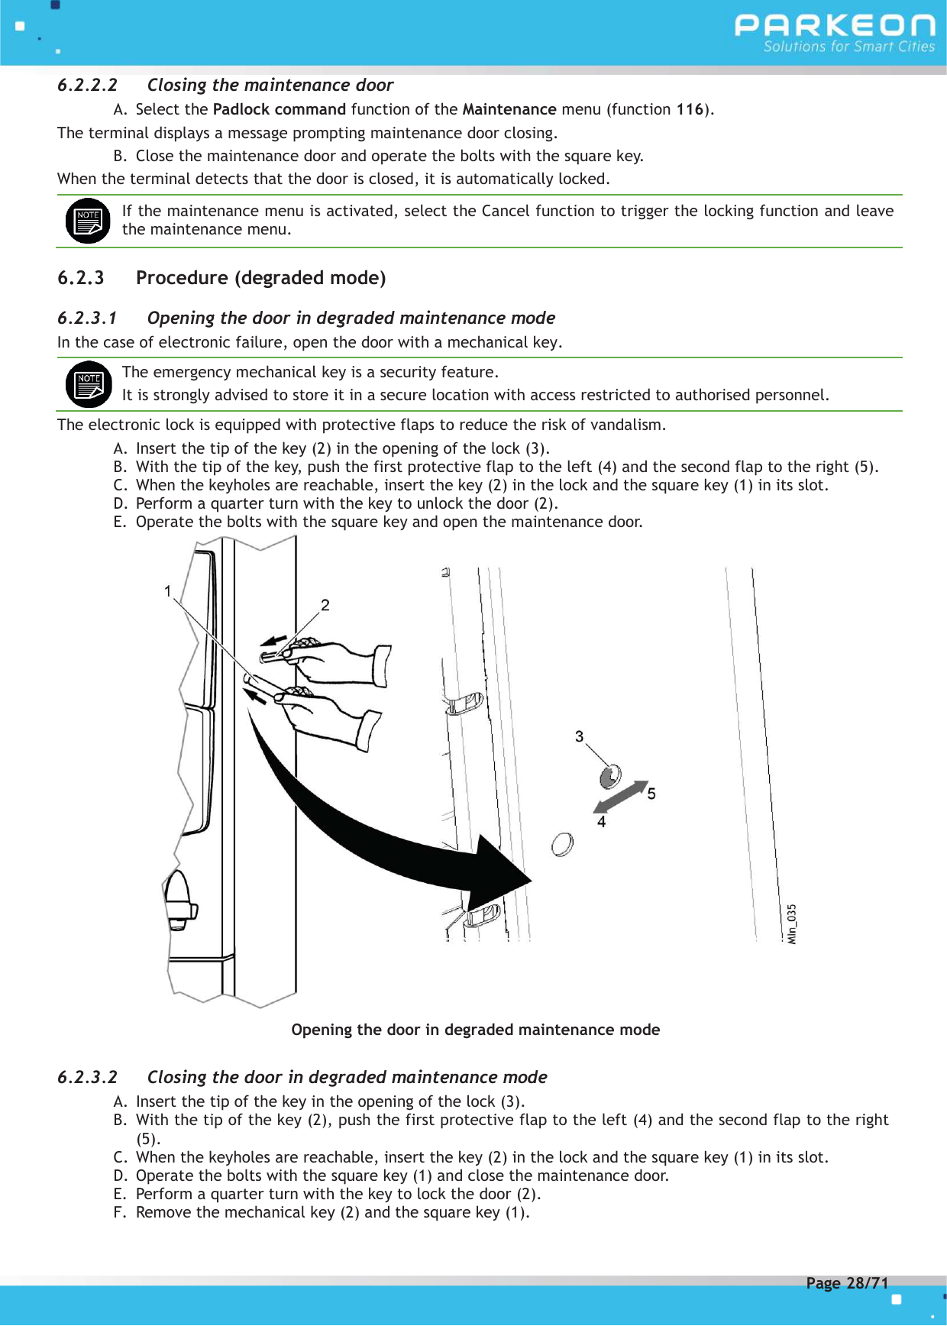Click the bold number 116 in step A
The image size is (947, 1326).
coord(689,109)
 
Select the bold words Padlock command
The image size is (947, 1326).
coord(279,109)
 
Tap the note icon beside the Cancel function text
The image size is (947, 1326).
coord(88,221)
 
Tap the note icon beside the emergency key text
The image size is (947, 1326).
coord(88,384)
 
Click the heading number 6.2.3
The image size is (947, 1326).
coord(80,278)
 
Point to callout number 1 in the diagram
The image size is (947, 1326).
coord(167,590)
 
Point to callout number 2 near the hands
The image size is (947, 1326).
coord(325,605)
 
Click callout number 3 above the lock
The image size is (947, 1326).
coord(580,736)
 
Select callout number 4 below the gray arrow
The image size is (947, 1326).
coord(602,822)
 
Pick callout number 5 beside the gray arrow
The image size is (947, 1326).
coord(651,794)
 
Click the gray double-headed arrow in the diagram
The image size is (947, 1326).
coord(621,797)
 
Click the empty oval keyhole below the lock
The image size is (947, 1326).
coord(562,844)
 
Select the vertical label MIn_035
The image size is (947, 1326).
coord(792,923)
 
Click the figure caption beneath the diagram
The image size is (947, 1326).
coord(475,1030)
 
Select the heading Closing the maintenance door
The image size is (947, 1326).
coord(270,85)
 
